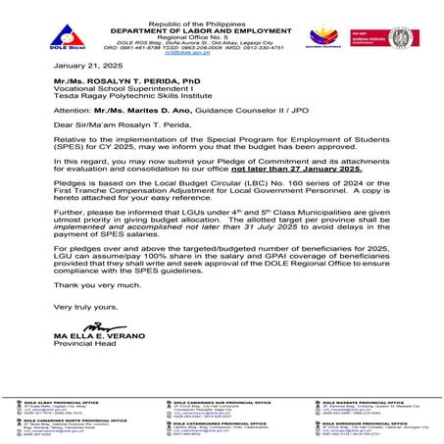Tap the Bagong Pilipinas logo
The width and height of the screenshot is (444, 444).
pyautogui.click(x=339, y=29)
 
